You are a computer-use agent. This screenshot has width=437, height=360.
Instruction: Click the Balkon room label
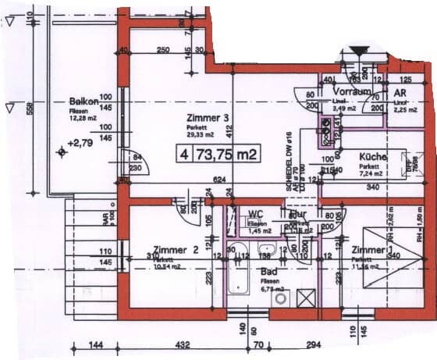(83, 102)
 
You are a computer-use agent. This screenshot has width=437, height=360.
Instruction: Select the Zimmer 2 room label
(175, 250)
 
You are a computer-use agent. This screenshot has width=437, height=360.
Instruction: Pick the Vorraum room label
(351, 91)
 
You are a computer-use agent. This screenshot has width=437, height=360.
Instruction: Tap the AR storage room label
(401, 91)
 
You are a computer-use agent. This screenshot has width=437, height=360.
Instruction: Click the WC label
(256, 214)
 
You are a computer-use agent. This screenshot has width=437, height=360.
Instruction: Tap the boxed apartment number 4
(184, 152)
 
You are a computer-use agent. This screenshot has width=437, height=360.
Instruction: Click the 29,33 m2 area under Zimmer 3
(199, 134)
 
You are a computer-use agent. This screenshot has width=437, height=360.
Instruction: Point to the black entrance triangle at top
(359, 52)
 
